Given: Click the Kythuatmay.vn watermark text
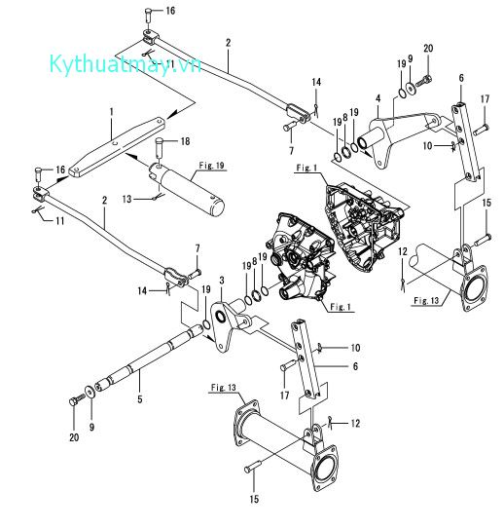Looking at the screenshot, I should click(x=126, y=64).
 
